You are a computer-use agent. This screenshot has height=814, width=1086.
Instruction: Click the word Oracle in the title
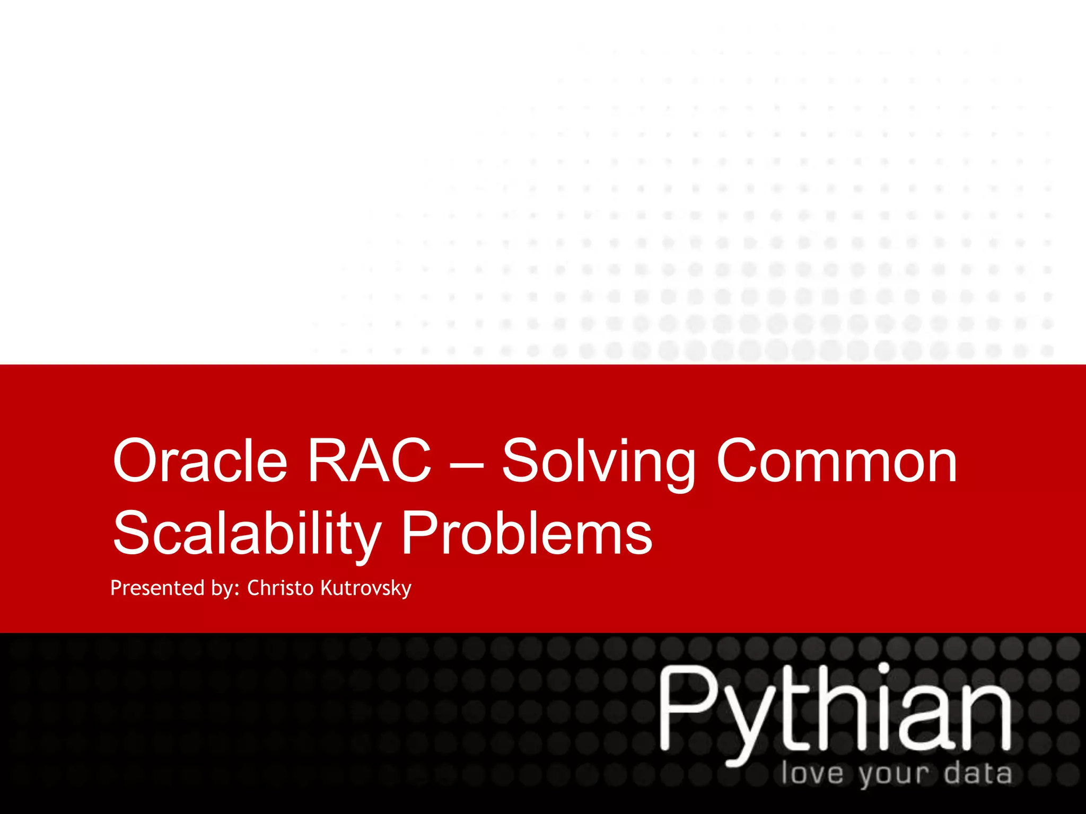tap(200, 461)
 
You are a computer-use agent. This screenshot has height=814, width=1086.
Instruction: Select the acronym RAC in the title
tap(370, 461)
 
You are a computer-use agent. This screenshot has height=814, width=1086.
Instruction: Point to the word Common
tap(836, 461)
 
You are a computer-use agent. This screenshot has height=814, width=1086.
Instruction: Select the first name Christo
tap(281, 588)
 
